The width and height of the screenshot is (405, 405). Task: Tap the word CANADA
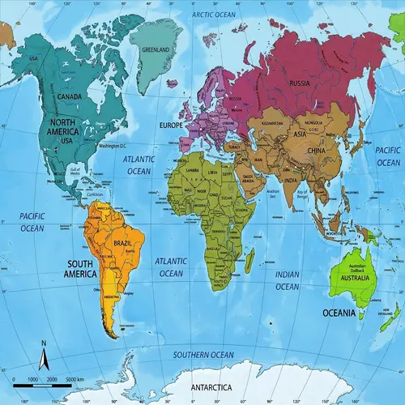tap(71, 98)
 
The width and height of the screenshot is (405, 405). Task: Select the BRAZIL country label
tap(123, 243)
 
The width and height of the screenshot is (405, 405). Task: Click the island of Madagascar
tap(249, 261)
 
